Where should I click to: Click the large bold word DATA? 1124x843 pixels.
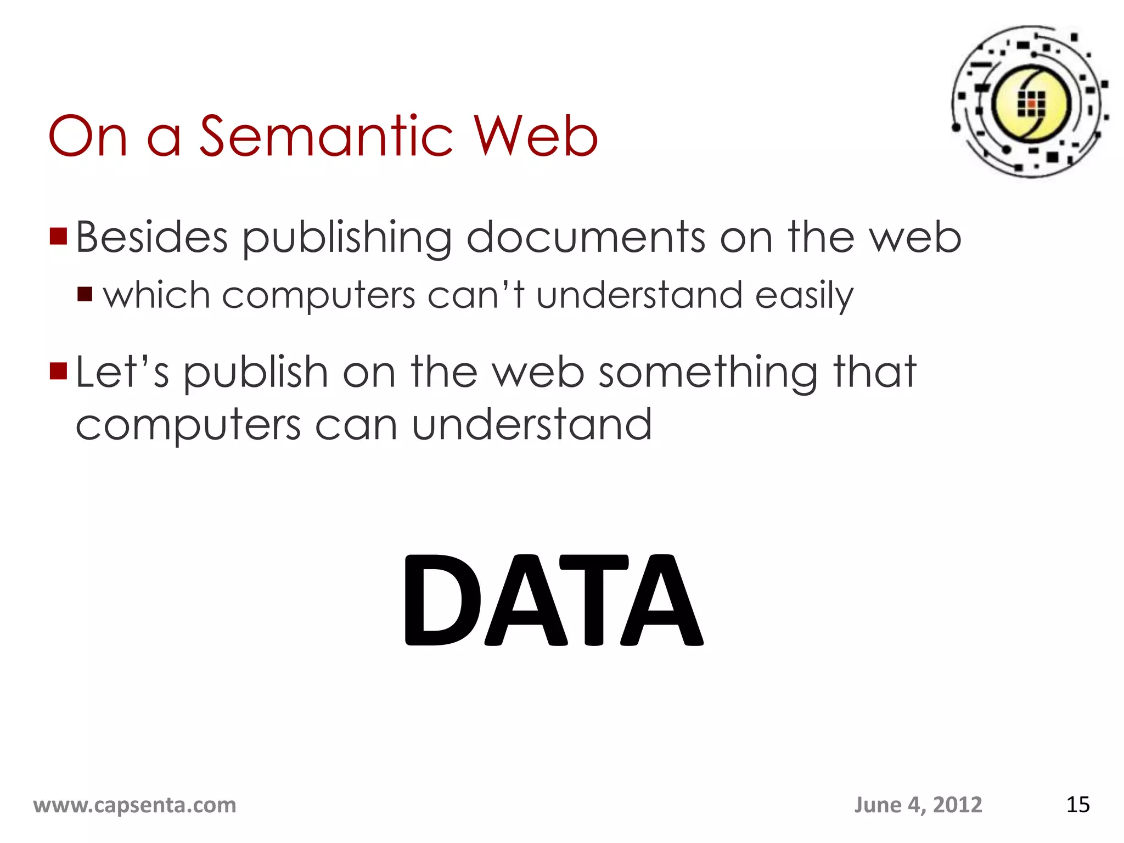click(x=553, y=600)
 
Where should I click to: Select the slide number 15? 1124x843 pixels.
click(x=1077, y=805)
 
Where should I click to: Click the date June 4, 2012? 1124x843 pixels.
click(x=918, y=805)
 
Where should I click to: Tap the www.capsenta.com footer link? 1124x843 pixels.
click(x=134, y=805)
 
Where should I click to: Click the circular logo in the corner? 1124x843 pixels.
click(x=1030, y=102)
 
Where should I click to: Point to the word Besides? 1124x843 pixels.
click(x=151, y=237)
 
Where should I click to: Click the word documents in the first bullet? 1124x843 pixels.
click(x=586, y=237)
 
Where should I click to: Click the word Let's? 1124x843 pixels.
click(x=122, y=372)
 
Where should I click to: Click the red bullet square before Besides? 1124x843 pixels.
click(x=58, y=236)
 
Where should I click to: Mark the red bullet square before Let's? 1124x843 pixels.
click(x=58, y=371)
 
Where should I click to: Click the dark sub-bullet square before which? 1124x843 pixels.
click(x=85, y=295)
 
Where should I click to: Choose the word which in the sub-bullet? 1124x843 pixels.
click(x=157, y=295)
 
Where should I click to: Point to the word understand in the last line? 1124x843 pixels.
click(x=531, y=425)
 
